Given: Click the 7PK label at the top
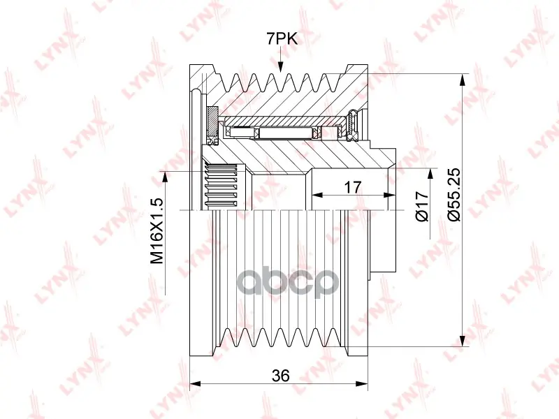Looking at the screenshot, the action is tap(282, 38).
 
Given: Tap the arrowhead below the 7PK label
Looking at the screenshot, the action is tap(280, 66).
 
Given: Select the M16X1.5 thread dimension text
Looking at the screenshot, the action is tap(157, 231).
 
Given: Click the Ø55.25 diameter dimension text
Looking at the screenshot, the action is tap(455, 194).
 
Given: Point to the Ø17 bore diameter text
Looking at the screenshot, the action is tap(423, 206).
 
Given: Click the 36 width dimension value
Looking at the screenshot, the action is tap(281, 375).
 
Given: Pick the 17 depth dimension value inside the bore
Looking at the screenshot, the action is tap(353, 187).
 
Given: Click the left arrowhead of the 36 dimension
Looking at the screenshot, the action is tap(196, 383).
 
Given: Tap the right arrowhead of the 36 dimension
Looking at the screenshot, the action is tap(362, 383).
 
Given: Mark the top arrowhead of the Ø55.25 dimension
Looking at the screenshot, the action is tap(463, 80).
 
